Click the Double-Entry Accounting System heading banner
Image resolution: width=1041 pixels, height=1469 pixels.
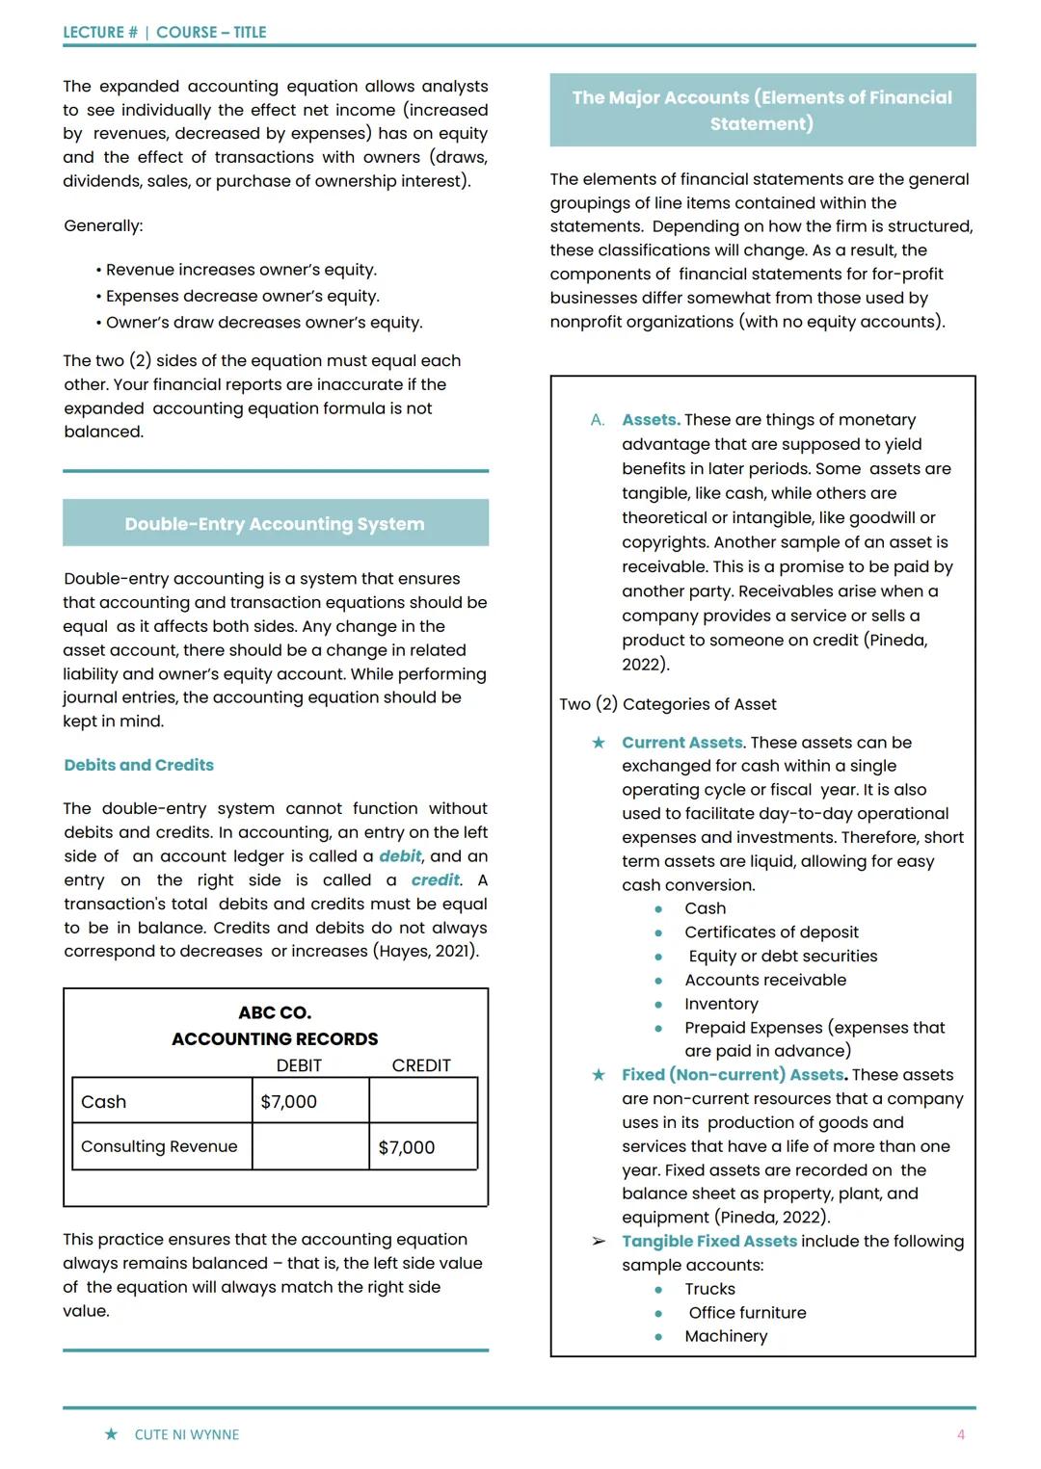coord(275,523)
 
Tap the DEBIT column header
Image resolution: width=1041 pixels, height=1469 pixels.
coord(299,1065)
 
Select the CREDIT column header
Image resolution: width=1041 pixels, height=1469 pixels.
coord(421,1065)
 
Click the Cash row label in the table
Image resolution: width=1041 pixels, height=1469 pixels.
coord(104,1101)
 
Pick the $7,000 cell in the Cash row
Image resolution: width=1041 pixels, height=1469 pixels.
coord(289,1101)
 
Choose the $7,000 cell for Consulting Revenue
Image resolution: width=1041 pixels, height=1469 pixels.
coord(407,1147)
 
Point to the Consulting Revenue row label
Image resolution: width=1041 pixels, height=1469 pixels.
coord(159,1146)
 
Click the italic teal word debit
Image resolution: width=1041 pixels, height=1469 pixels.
coord(400,856)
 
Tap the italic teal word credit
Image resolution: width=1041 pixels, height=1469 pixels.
coord(436,880)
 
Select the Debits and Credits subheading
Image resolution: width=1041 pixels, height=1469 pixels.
coord(139,765)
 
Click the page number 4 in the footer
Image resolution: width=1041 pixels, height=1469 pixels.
coord(960,1434)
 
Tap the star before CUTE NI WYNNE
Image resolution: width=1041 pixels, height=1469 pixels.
coord(111,1434)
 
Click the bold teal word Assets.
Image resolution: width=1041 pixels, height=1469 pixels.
coord(651,420)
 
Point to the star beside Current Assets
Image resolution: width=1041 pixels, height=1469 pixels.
coord(599,743)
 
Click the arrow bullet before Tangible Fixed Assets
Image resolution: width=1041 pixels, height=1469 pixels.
coord(599,1242)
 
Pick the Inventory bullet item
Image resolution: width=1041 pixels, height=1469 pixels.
coord(721,1004)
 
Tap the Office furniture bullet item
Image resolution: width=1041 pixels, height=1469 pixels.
coord(747,1313)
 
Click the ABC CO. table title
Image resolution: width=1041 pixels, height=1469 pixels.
coord(275,1012)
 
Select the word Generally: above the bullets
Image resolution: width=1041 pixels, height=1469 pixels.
coord(103,225)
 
